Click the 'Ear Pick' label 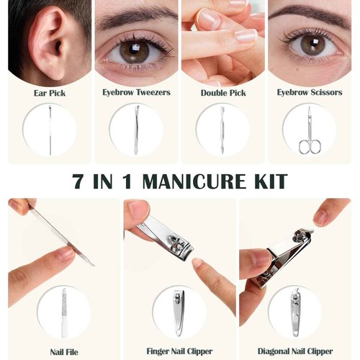click(49, 93)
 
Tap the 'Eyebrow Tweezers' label click(135, 93)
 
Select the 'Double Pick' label click(222, 93)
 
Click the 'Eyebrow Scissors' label click(309, 93)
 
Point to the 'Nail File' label click(63, 352)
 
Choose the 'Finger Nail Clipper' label click(179, 352)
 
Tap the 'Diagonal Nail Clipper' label click(295, 352)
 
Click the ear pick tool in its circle click(49, 130)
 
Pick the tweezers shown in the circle click(135, 130)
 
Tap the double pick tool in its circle click(222, 130)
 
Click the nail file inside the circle click(64, 312)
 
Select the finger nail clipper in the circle click(179, 312)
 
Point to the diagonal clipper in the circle click(295, 312)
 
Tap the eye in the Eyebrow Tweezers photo click(135, 50)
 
